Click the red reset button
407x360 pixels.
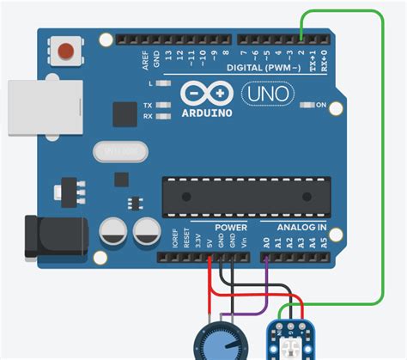click(x=63, y=52)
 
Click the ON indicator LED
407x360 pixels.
click(x=307, y=105)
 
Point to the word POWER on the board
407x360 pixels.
click(x=230, y=228)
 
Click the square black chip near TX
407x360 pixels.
click(x=125, y=113)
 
